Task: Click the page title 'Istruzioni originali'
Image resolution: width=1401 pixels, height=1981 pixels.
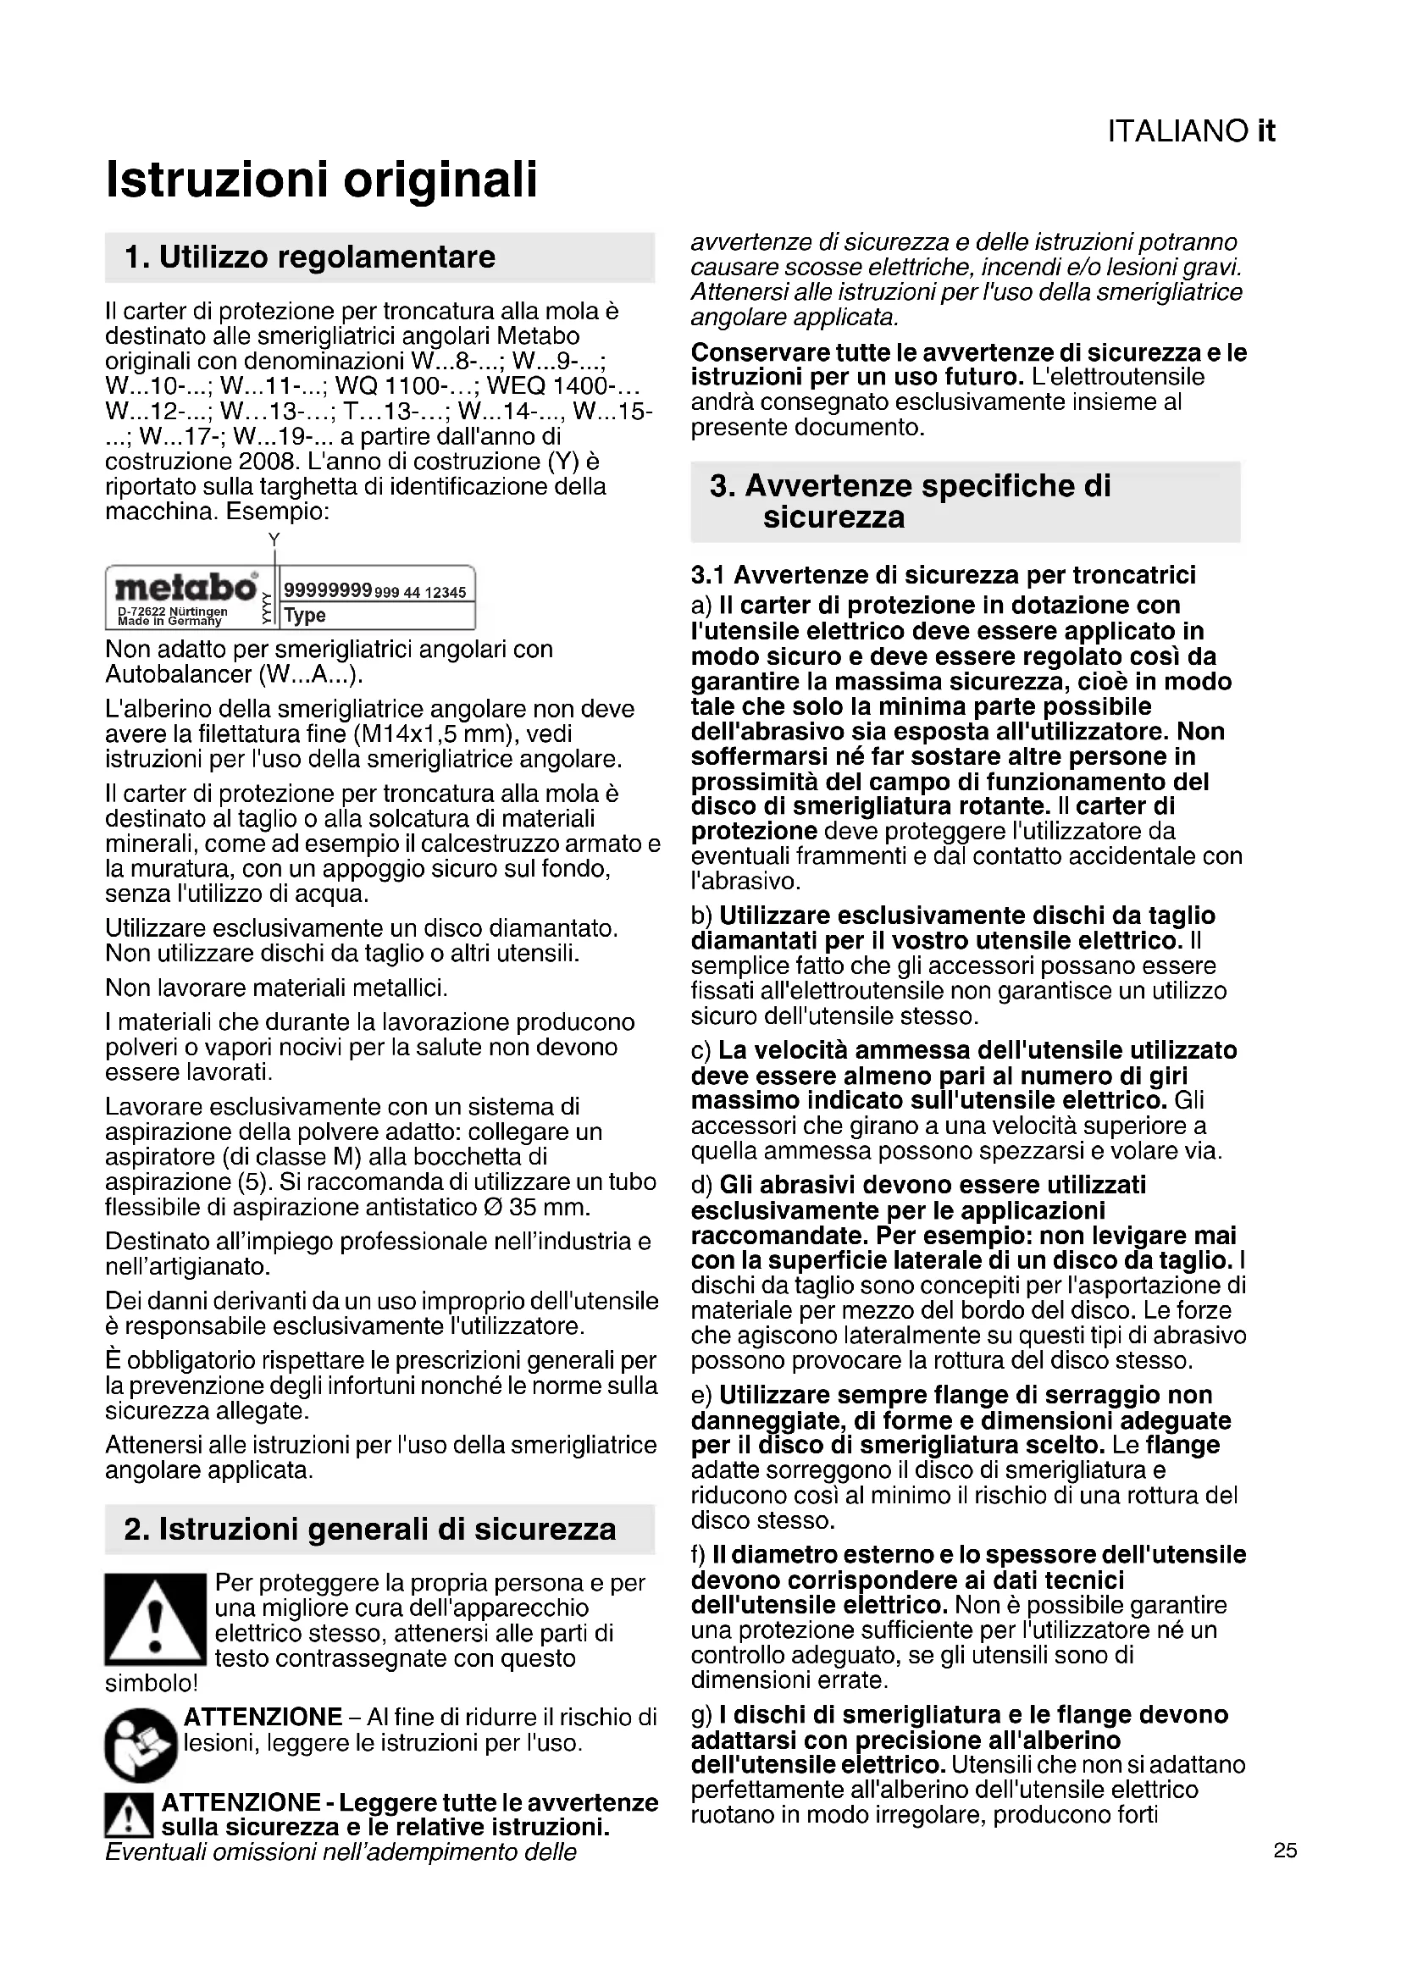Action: click(x=321, y=180)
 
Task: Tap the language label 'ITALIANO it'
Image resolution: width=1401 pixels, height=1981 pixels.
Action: click(x=1190, y=131)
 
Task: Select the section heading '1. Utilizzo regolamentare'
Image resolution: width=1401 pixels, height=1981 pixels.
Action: click(x=310, y=257)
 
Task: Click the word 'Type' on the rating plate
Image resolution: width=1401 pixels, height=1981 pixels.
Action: click(x=305, y=615)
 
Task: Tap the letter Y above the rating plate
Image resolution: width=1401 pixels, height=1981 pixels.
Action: click(x=274, y=540)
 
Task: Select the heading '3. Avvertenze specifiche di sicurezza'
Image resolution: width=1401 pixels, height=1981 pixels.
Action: click(x=910, y=501)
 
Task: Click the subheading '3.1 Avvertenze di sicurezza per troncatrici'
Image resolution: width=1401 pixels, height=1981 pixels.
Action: click(x=943, y=574)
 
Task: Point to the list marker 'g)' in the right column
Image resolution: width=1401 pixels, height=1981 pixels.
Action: click(x=701, y=1715)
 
